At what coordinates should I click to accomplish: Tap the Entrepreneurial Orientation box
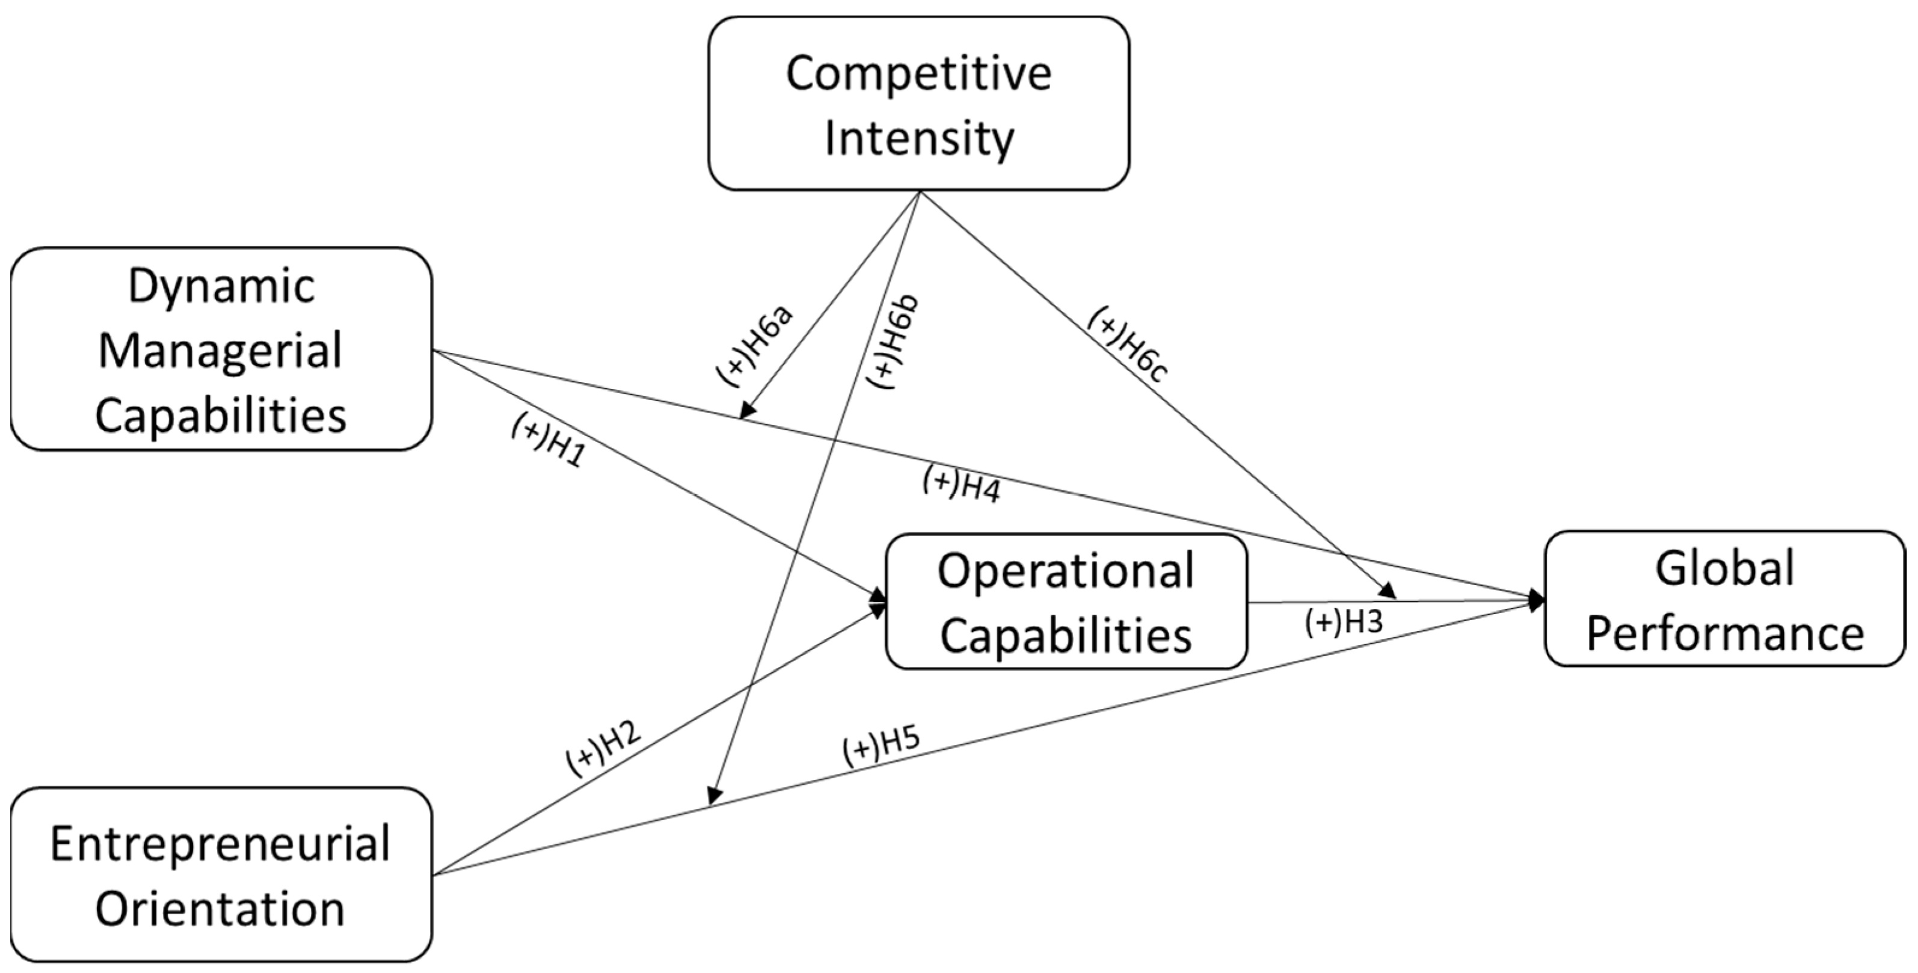pyautogui.click(x=221, y=874)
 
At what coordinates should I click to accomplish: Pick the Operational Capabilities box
pyautogui.click(x=1066, y=601)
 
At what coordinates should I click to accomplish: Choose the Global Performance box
pyautogui.click(x=1724, y=598)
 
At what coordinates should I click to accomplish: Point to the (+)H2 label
pyautogui.click(x=603, y=747)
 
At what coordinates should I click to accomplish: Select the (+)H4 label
pyautogui.click(x=961, y=484)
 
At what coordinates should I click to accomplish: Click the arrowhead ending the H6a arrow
pyautogui.click(x=747, y=411)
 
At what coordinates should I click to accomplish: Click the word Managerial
pyautogui.click(x=221, y=350)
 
